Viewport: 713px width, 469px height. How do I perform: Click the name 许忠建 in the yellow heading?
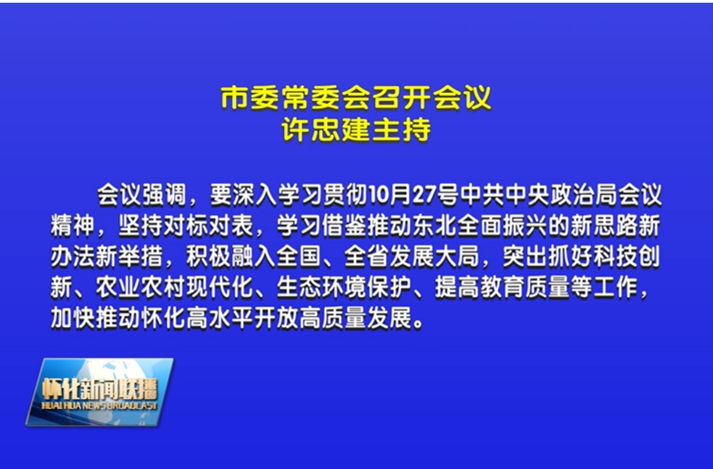[x=326, y=129]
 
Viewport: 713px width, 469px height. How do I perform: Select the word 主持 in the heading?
[x=401, y=129]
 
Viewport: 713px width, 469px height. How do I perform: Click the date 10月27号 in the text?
[x=413, y=195]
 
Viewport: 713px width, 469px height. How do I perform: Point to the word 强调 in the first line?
[x=164, y=195]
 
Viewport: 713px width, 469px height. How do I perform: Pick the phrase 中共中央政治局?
[x=538, y=195]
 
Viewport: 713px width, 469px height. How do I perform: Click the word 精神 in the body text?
[x=73, y=226]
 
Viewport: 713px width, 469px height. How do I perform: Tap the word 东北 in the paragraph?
[x=434, y=226]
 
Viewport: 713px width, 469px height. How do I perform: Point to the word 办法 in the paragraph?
[x=73, y=257]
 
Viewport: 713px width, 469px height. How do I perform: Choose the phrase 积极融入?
[x=231, y=257]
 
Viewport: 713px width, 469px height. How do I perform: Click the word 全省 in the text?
[x=366, y=257]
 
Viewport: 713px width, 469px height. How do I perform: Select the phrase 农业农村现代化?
[x=175, y=287]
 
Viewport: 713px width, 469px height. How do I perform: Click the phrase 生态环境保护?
[x=344, y=287]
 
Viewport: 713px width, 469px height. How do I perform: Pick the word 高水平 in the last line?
[x=219, y=318]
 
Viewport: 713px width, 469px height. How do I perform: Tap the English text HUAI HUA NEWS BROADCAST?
[x=99, y=405]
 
